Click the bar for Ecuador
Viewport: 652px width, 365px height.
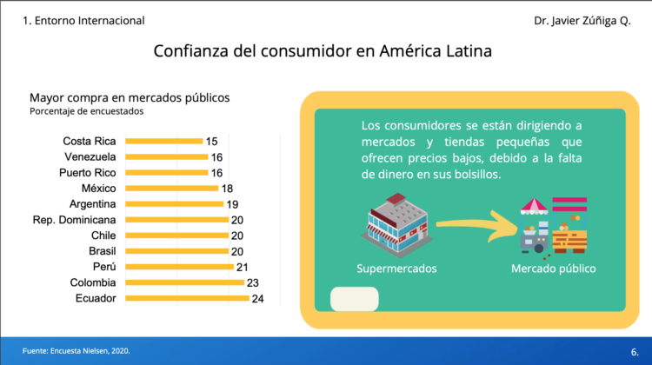coord(187,299)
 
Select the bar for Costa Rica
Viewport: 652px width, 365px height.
coord(164,141)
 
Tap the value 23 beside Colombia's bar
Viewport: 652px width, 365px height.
coord(252,282)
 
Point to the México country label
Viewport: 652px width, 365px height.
coord(99,188)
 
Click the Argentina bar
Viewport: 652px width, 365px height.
coord(174,203)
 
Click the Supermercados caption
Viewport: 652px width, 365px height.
coord(396,269)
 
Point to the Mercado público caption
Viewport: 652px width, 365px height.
coord(554,269)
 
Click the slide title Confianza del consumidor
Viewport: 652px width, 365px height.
coord(323,51)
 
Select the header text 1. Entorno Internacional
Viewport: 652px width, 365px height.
coord(83,20)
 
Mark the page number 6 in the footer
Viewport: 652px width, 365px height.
coord(634,351)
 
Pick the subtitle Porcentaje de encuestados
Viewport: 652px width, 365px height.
coord(86,111)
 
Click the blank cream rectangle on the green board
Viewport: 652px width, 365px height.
coord(355,299)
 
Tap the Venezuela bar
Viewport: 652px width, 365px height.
coord(166,156)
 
